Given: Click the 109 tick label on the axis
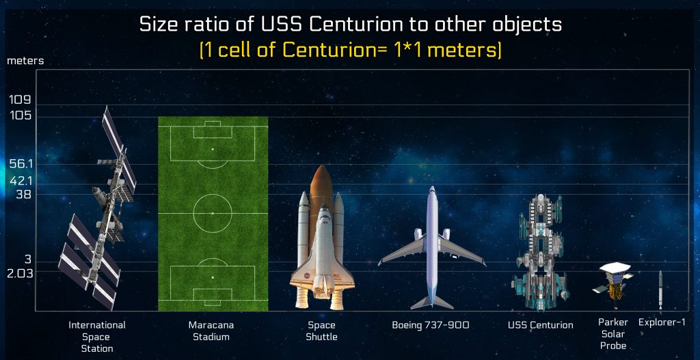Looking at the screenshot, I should (x=21, y=100).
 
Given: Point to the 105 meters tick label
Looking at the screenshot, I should (x=21, y=115).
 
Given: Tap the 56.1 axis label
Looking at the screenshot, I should (x=21, y=165).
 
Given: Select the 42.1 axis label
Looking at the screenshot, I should (x=22, y=180).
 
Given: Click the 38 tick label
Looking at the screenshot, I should (x=23, y=194).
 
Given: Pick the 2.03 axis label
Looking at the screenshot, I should (x=20, y=273).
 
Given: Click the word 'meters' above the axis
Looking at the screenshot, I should (x=25, y=61).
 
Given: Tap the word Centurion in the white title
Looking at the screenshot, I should (x=362, y=25).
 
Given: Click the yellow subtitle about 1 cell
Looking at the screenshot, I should (x=350, y=50).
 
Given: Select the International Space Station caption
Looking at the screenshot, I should (x=97, y=337).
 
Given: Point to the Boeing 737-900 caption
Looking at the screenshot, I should (x=431, y=325).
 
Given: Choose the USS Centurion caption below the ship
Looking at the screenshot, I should (x=541, y=325).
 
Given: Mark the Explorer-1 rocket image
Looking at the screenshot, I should (x=660, y=290).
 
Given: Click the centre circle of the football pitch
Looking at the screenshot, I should (x=212, y=214).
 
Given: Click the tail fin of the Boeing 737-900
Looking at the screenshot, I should (x=432, y=301).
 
